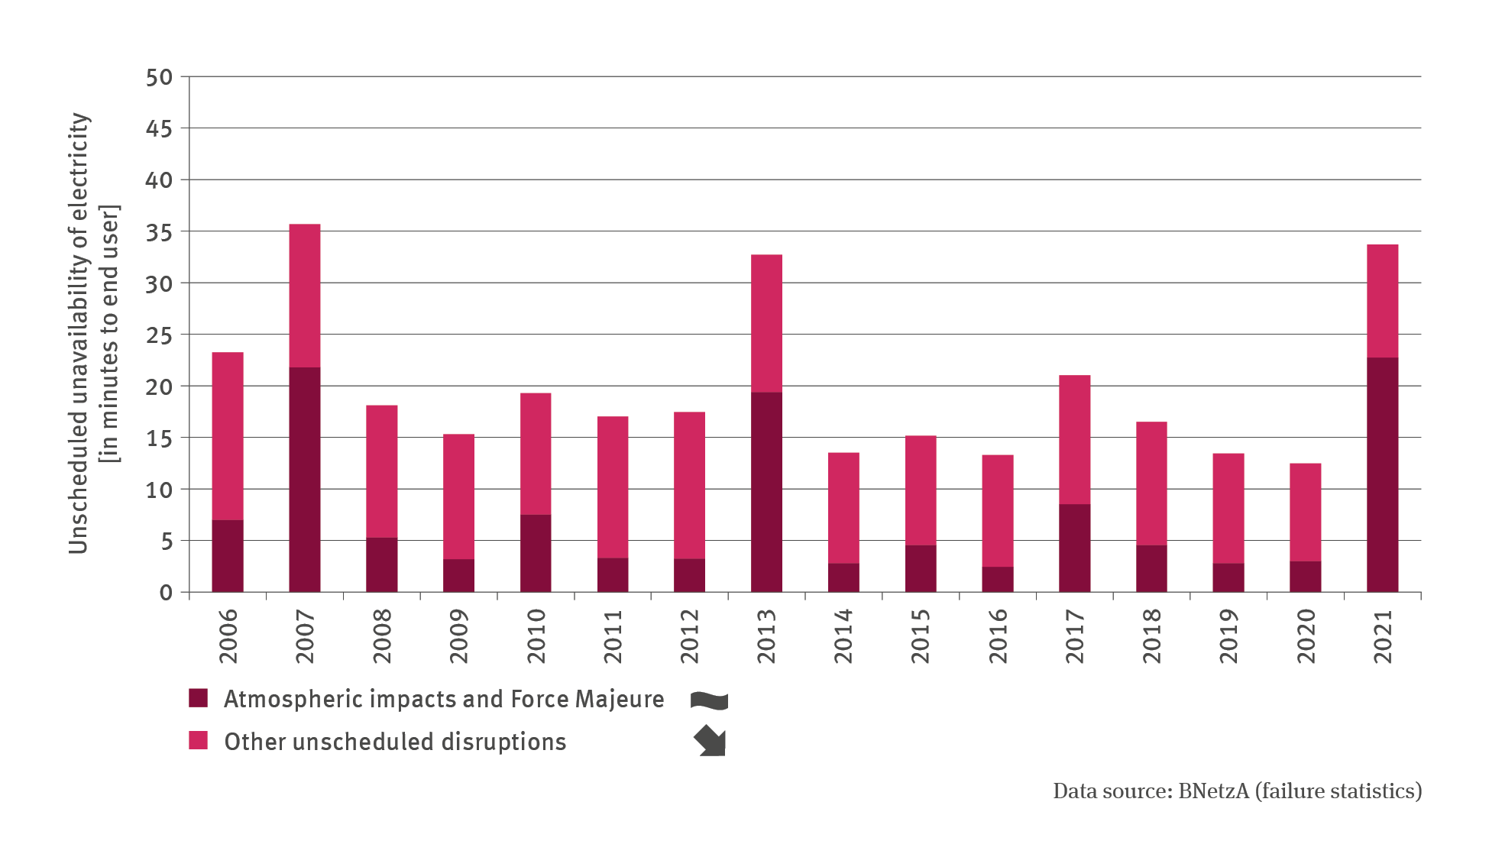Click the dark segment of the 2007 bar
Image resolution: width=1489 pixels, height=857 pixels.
(305, 480)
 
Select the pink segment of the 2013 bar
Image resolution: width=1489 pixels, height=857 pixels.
(766, 323)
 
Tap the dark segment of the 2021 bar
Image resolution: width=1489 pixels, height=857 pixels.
(1382, 474)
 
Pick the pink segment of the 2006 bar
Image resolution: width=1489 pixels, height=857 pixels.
(228, 436)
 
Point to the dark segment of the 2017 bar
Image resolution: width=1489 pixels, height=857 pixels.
(1074, 548)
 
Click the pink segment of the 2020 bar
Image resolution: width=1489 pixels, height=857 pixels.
(1305, 512)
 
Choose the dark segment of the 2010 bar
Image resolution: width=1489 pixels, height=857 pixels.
(536, 553)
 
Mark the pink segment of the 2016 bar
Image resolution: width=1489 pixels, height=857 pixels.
(997, 510)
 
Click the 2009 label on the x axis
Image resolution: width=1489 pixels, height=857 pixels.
(460, 636)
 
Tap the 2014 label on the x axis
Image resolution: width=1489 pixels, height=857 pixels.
(843, 636)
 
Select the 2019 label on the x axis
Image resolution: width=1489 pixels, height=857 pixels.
(1228, 636)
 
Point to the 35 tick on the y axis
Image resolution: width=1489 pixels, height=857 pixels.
(160, 232)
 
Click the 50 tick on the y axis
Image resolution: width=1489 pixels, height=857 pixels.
(160, 77)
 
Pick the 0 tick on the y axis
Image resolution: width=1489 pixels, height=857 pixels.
(166, 593)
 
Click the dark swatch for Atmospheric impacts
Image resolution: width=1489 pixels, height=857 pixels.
(199, 698)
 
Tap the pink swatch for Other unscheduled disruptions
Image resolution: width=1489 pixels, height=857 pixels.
(199, 740)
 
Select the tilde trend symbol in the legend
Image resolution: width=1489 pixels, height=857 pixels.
(709, 700)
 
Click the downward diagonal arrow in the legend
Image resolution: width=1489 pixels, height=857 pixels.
(711, 742)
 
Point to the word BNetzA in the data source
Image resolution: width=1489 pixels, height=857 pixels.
(1213, 791)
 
